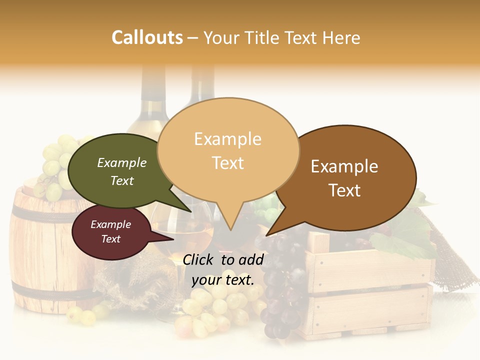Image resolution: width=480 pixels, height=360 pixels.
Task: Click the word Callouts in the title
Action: (x=147, y=37)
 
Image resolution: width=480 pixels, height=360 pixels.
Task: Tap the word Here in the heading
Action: (x=341, y=37)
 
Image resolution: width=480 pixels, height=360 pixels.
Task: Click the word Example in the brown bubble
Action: (x=344, y=166)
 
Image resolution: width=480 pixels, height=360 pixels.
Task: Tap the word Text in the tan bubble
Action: (x=228, y=163)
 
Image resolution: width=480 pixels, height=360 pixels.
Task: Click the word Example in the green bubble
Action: (x=122, y=162)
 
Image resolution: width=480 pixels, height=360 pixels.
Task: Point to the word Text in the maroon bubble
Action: (x=111, y=239)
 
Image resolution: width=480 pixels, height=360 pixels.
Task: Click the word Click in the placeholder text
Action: (x=199, y=260)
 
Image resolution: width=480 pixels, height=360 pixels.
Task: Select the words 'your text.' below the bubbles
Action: (x=223, y=280)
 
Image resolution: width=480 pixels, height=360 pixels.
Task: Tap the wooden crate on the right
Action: (x=370, y=290)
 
